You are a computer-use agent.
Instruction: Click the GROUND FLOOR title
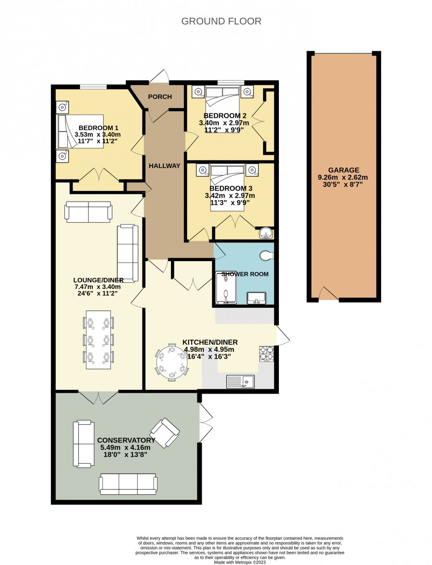(221, 21)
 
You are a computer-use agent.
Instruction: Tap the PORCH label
(160, 96)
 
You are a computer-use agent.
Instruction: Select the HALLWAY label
(164, 166)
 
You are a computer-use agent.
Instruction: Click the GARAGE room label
(344, 170)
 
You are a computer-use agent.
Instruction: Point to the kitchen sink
(240, 381)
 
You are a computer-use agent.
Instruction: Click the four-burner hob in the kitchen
(266, 353)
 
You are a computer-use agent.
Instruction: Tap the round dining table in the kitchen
(172, 362)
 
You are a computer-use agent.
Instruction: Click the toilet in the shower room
(266, 255)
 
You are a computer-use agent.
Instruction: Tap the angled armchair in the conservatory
(165, 433)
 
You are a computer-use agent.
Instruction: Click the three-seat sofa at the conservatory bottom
(128, 484)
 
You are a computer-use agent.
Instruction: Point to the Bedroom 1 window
(93, 86)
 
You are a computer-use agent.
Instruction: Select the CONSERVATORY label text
(126, 440)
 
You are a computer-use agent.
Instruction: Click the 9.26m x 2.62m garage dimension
(343, 177)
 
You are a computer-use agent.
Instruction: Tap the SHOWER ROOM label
(245, 274)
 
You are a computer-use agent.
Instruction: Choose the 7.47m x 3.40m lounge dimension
(97, 287)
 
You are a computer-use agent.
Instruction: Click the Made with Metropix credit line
(240, 562)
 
